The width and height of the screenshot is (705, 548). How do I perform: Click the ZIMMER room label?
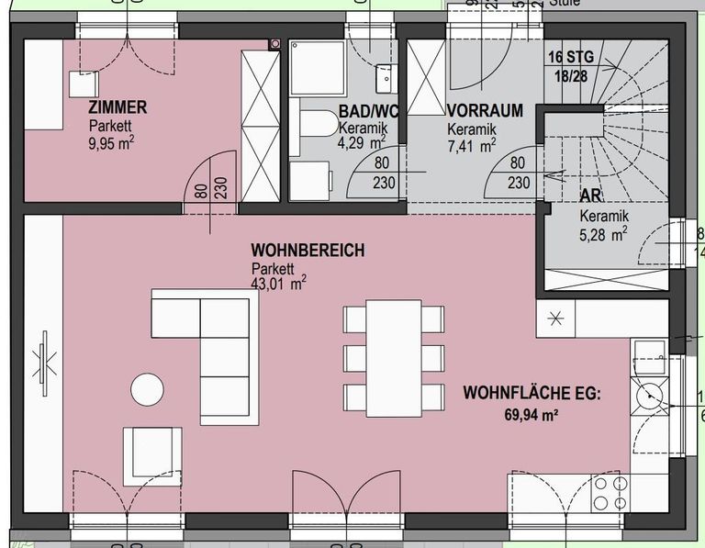[x=117, y=108]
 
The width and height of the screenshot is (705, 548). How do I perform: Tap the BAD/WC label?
[x=368, y=112]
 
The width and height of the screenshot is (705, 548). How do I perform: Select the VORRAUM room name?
[x=485, y=111]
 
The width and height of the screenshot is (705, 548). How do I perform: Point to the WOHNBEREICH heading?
[x=308, y=251]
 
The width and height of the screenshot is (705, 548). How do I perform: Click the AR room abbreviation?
[x=590, y=196]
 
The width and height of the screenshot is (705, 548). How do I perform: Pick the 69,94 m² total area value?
[x=531, y=415]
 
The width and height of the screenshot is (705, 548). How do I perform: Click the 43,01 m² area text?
[x=278, y=285]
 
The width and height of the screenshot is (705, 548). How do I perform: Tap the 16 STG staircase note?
[x=571, y=57]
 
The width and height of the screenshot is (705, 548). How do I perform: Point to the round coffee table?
[x=147, y=389]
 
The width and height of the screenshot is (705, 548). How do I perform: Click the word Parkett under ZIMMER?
[x=108, y=126]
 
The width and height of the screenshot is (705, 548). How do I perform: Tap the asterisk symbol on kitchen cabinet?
[x=556, y=319]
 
